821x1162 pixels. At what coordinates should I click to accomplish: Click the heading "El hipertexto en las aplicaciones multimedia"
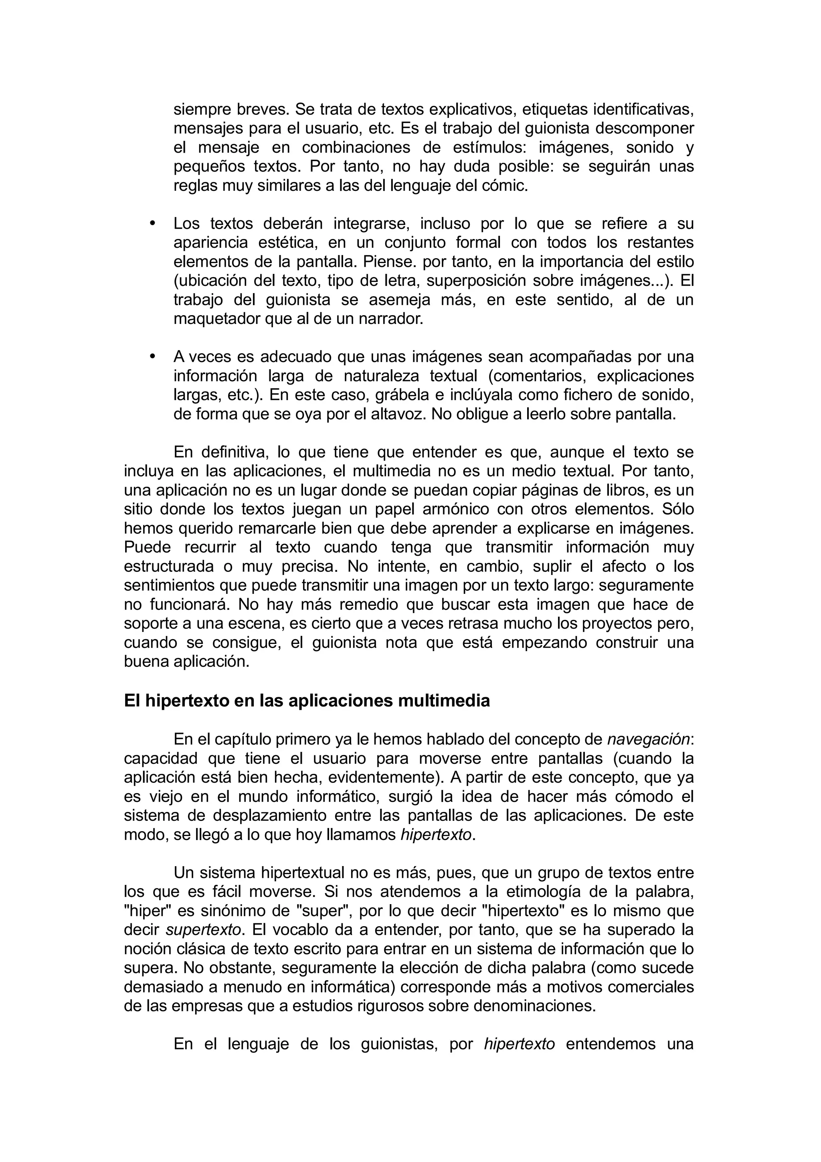(x=307, y=701)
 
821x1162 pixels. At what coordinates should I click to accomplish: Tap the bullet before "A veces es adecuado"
(x=152, y=356)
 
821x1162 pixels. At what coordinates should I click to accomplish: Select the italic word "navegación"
(x=648, y=739)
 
